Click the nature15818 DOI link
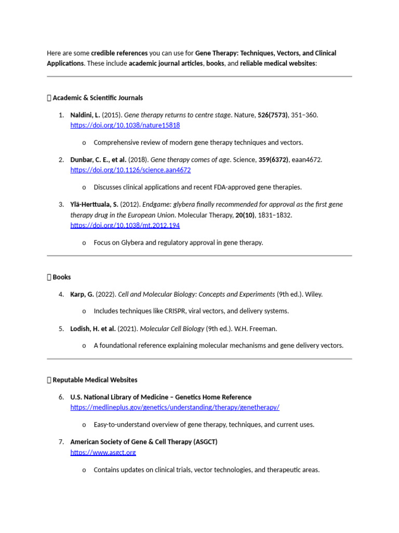point(125,125)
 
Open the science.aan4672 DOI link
point(130,170)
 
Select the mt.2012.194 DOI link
point(125,225)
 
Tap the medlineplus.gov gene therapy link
point(175,408)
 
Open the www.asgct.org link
point(103,452)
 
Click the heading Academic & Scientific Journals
point(98,98)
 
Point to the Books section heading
point(61,277)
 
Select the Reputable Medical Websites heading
point(95,380)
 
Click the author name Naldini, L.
point(85,115)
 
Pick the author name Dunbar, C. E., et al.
point(98,160)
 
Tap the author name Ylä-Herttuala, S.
point(94,205)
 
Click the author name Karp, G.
point(82,294)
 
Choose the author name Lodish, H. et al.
point(93,328)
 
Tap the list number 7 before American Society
point(61,442)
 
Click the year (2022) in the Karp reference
point(106,294)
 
